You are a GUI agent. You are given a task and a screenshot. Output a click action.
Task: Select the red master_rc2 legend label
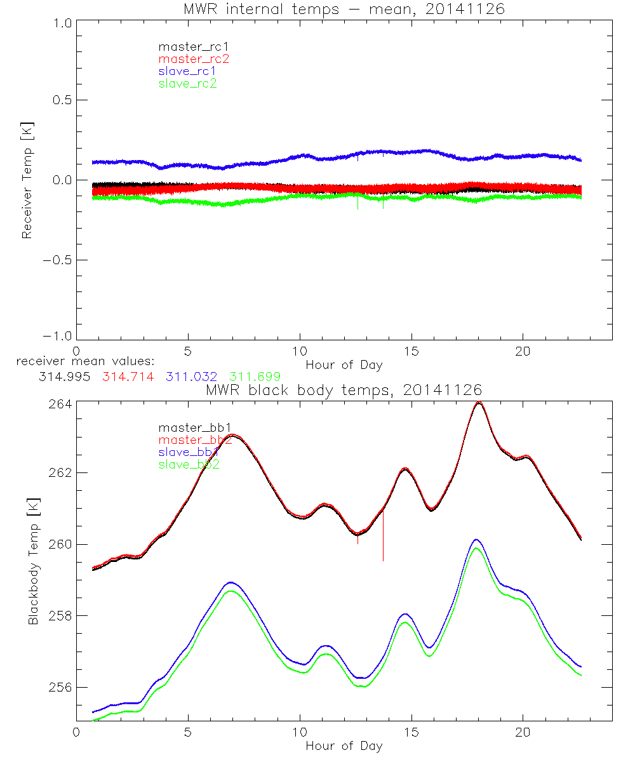[194, 58]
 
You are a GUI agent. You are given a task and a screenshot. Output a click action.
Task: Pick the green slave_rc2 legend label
[187, 83]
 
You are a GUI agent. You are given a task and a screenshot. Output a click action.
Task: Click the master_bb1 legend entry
[189, 427]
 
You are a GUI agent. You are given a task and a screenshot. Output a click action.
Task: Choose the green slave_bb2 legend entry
[189, 465]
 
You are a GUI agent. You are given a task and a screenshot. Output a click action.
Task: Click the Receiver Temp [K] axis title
[27, 180]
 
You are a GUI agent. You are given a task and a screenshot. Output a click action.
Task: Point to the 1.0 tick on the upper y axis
[62, 20]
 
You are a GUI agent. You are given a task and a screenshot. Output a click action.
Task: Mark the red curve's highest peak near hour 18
[479, 402]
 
